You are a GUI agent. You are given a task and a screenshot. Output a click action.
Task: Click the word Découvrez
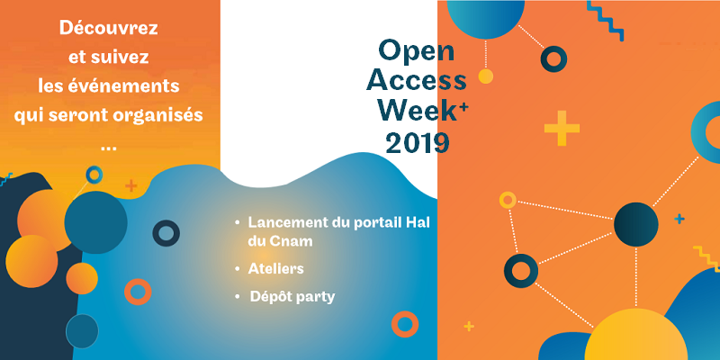pos(108,28)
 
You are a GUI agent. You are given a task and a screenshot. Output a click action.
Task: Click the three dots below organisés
pos(108,148)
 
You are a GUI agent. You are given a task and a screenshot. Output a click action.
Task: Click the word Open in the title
pos(417,51)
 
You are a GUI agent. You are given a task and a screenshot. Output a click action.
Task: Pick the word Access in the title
pos(417,80)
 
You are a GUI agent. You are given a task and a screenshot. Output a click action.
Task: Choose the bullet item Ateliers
pos(276,268)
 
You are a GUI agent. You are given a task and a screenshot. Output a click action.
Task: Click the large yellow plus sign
pos(562,129)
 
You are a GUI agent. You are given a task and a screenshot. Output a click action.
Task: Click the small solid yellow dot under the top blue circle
pos(485,76)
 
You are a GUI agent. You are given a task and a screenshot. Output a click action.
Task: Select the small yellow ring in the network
pos(508,200)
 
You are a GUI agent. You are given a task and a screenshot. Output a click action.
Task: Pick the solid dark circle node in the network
pos(636,224)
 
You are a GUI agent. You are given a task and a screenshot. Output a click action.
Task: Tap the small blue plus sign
pos(679,219)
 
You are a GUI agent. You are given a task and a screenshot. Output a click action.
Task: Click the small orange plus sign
pos(131,186)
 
